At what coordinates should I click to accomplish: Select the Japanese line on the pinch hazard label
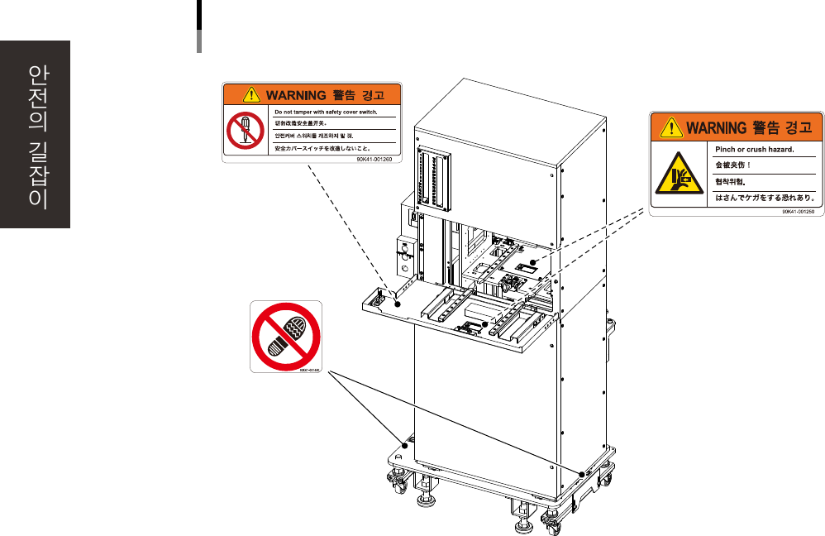pyautogui.click(x=765, y=198)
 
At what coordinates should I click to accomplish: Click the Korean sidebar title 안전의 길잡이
pyautogui.click(x=36, y=136)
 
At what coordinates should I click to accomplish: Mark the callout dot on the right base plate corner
pyautogui.click(x=582, y=473)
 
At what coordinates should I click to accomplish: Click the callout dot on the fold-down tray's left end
pyautogui.click(x=397, y=304)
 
